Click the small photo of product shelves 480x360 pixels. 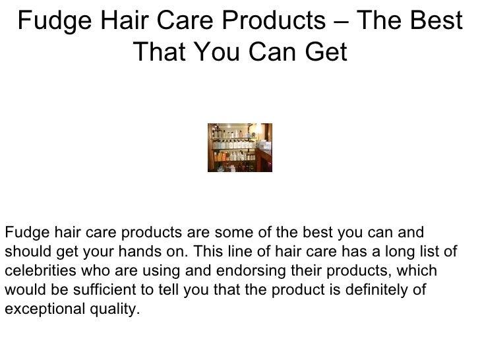coord(239,148)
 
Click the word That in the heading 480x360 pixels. coord(158,52)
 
